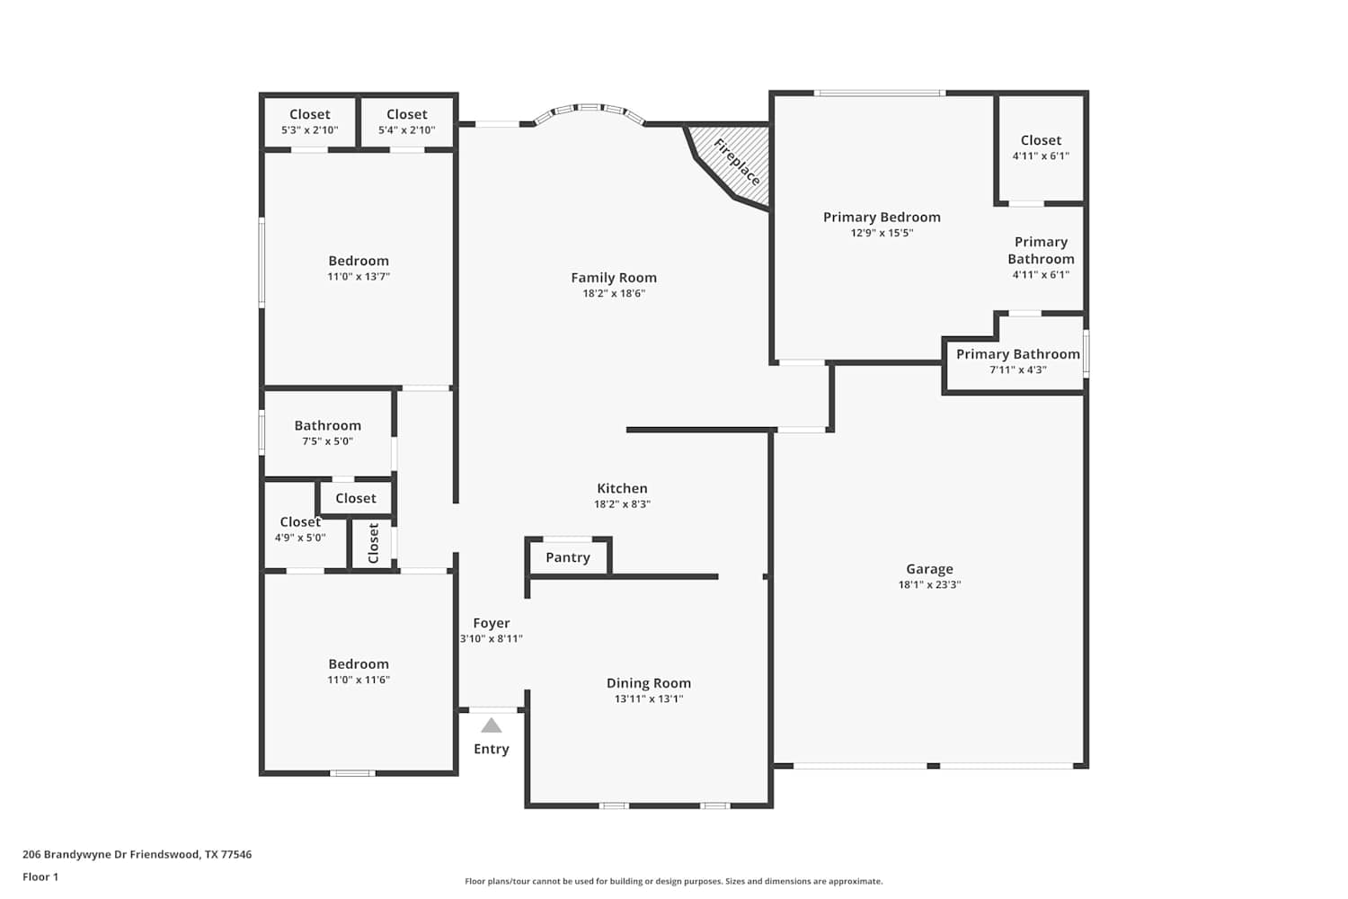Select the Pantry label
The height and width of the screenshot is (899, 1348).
(567, 557)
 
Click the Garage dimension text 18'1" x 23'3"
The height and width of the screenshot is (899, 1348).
(929, 584)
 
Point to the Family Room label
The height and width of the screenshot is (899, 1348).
(614, 278)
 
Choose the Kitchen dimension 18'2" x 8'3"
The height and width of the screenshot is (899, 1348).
(622, 504)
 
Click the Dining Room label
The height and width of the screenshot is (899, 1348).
(648, 683)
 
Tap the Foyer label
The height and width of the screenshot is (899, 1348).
(491, 623)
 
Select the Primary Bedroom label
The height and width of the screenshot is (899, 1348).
(882, 218)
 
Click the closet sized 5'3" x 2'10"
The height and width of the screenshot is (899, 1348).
(309, 121)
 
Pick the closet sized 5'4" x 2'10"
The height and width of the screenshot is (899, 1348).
(407, 121)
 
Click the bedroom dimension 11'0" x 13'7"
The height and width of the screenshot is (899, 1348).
(359, 277)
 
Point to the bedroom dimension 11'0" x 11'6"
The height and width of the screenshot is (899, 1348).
(359, 680)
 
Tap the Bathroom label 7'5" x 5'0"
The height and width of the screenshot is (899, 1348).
(327, 426)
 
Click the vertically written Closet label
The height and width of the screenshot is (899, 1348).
(373, 543)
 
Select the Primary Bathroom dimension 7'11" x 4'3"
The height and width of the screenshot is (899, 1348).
(1017, 369)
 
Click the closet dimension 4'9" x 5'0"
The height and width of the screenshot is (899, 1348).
(299, 538)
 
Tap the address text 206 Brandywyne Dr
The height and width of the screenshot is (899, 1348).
(75, 854)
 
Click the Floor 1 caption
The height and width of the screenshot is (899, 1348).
(40, 877)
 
